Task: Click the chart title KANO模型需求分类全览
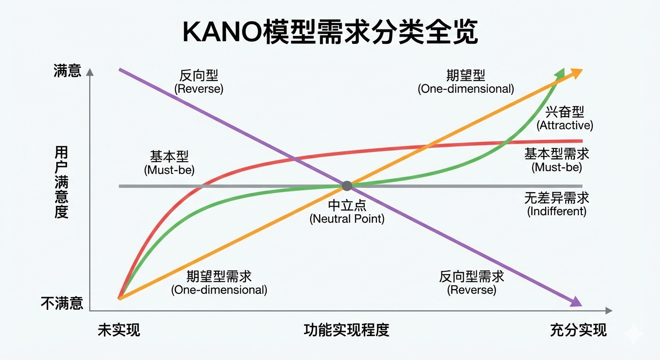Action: click(330, 33)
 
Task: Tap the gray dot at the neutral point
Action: click(347, 186)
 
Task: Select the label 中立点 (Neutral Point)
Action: click(347, 212)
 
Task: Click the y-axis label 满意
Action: click(67, 71)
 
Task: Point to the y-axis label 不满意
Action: click(62, 303)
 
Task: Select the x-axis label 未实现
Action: click(119, 330)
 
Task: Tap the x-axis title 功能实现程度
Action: click(346, 330)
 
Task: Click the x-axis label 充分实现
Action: click(578, 330)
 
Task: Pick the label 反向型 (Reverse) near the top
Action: click(199, 82)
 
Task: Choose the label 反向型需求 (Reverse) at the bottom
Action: click(472, 283)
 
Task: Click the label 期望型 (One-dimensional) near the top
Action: click(465, 82)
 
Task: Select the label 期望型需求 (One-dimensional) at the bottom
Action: click(219, 283)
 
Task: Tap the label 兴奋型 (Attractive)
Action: click(565, 118)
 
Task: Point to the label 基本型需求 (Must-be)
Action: click(557, 160)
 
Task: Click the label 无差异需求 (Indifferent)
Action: click(557, 204)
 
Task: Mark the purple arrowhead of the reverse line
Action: click(576, 301)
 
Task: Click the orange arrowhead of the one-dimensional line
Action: click(577, 72)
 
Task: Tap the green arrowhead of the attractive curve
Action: click(560, 73)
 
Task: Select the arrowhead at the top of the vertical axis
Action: click(90, 72)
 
